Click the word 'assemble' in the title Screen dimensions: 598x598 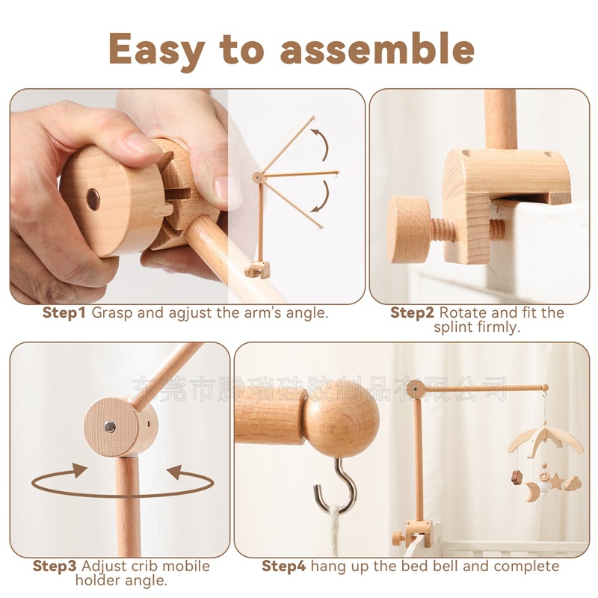click(377, 49)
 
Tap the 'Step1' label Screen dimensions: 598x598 click(64, 312)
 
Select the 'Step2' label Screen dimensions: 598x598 click(413, 312)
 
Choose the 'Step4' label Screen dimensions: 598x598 click(284, 566)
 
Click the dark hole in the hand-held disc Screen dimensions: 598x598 click(93, 198)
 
